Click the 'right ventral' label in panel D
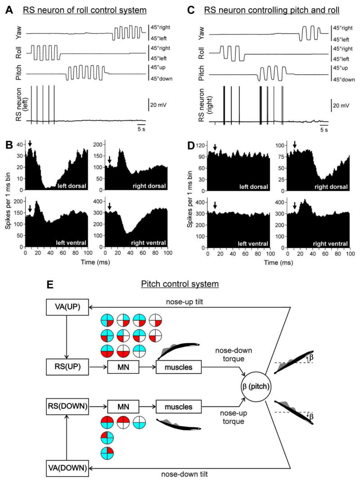(331, 243)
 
